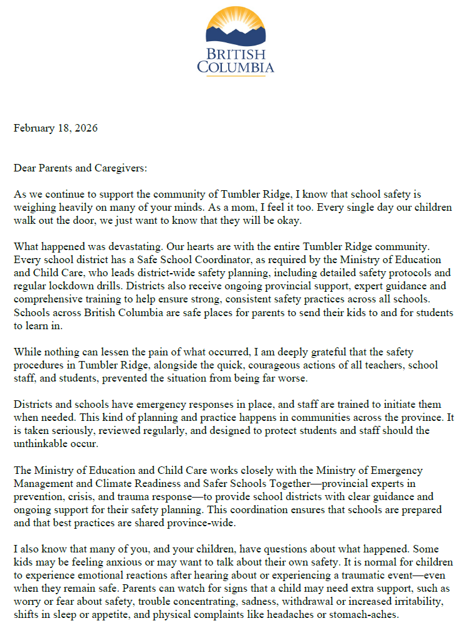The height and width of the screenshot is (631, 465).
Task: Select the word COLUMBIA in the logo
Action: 236,66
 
